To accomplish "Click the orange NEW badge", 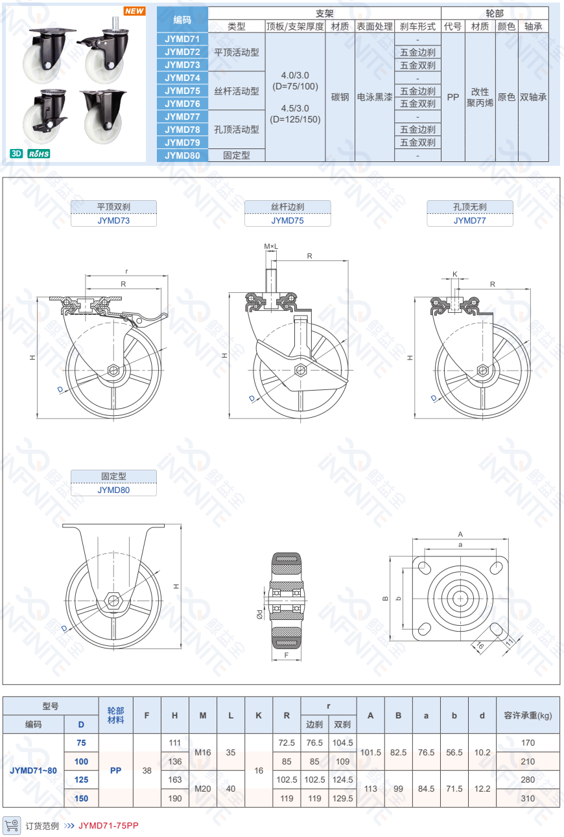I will tap(134, 11).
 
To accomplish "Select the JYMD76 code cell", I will tap(182, 104).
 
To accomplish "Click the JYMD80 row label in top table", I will tap(182, 155).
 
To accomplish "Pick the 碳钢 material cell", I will tap(340, 97).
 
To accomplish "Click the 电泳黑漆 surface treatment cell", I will tap(375, 97).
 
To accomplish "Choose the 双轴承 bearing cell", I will tap(533, 97).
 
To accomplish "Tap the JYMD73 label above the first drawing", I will tap(113, 220).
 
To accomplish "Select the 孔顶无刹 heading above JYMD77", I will tap(469, 207).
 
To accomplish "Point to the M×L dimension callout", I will tap(271, 247).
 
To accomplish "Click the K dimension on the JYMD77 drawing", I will tap(454, 274).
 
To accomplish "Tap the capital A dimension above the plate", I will tap(460, 534).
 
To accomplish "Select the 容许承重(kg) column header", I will tap(528, 715).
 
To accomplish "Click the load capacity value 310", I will tap(528, 798).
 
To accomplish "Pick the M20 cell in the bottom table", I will tap(203, 789).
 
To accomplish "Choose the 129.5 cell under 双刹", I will tap(342, 798).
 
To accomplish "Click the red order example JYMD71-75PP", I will tap(108, 825).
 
